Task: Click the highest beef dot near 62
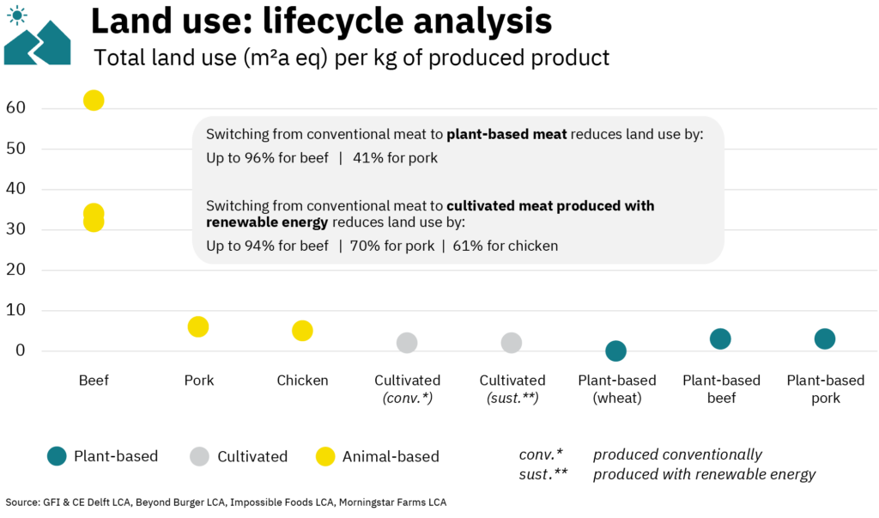tap(94, 101)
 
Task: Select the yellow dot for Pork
tap(198, 326)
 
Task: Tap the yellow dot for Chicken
tap(302, 331)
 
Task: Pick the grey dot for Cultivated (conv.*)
tap(407, 343)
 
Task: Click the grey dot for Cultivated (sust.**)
tap(512, 343)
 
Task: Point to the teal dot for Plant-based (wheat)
tap(615, 350)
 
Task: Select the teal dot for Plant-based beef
tap(720, 338)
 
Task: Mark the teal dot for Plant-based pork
tap(825, 338)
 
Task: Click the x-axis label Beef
tap(94, 381)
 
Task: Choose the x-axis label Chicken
tap(302, 381)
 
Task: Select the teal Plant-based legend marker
tap(57, 456)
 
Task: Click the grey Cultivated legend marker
tap(199, 456)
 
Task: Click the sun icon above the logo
tap(17, 14)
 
